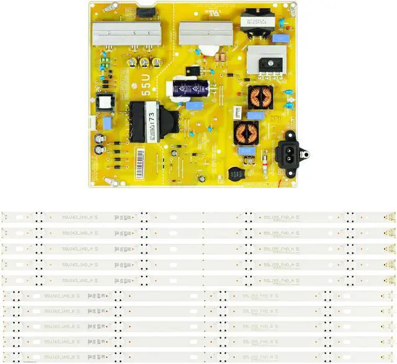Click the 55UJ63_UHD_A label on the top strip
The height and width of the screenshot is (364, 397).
tap(77, 218)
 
